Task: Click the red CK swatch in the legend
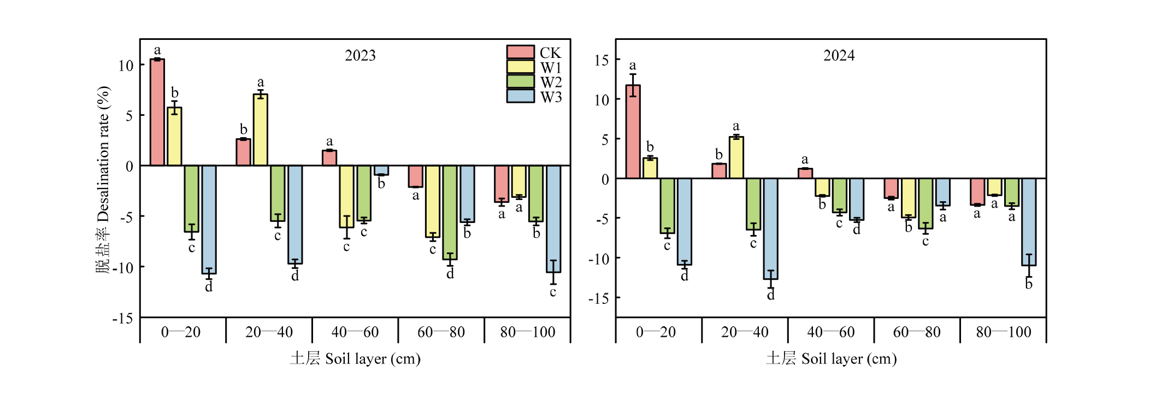click(520, 52)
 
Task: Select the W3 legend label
click(551, 97)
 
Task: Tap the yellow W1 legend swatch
click(520, 67)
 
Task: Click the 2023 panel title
click(360, 56)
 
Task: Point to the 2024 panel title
click(839, 56)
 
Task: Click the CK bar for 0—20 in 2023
click(157, 112)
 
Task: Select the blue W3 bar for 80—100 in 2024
click(1029, 222)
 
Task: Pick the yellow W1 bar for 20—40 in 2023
click(261, 130)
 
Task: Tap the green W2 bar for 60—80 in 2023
click(450, 212)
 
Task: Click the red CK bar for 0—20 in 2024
click(633, 132)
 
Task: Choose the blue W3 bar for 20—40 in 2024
click(770, 228)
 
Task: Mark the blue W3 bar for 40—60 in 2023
click(381, 170)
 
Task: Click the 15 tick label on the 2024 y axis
click(602, 60)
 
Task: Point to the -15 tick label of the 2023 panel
click(123, 318)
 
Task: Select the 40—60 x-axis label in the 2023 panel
click(355, 332)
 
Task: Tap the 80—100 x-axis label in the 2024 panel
click(1003, 332)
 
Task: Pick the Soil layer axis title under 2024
click(831, 359)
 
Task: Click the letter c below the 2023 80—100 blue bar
click(553, 292)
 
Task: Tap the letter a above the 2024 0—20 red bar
click(633, 66)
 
